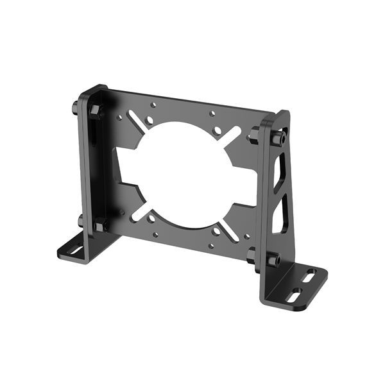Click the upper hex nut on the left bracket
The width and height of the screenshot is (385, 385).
click(x=95, y=111)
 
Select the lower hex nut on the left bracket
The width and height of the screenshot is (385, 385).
click(x=100, y=225)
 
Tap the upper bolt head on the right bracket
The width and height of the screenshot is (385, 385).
click(x=280, y=139)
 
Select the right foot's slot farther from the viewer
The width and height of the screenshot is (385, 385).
click(x=309, y=277)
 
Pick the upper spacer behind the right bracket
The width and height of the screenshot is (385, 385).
click(x=255, y=135)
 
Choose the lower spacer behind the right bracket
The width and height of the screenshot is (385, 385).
click(x=252, y=255)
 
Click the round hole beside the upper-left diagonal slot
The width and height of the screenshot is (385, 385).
click(x=149, y=120)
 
